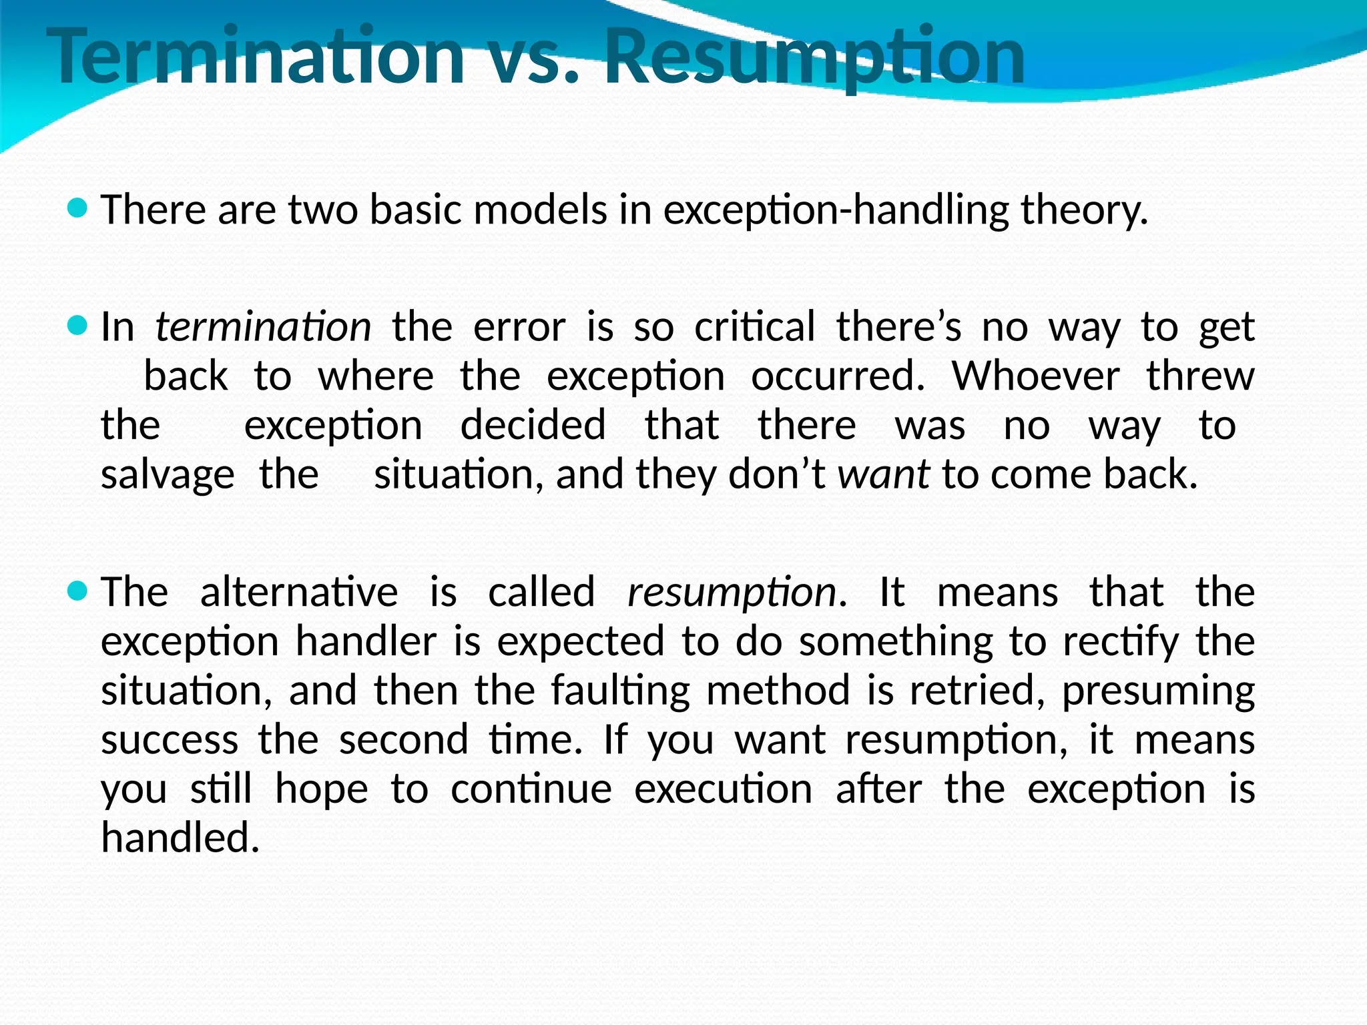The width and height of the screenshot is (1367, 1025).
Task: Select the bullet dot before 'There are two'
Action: pos(78,209)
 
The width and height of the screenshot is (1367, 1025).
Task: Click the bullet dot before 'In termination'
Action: pos(78,326)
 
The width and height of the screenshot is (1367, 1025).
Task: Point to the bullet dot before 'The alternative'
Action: pos(78,591)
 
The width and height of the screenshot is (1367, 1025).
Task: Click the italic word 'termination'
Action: pos(263,327)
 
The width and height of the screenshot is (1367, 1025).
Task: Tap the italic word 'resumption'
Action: pos(732,593)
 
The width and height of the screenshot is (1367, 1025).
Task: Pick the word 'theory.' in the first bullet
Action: pos(1085,211)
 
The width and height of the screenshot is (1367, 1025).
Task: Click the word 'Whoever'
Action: pos(1035,376)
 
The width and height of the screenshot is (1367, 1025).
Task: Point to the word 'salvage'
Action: pos(168,476)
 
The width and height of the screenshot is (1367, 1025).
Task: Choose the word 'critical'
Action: pos(754,327)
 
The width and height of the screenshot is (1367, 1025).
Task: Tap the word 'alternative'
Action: pos(298,593)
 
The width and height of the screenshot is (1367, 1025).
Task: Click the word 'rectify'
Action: pos(1121,642)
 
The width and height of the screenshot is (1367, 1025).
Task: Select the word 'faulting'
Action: pos(620,691)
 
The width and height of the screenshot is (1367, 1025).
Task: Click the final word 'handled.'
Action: pos(180,837)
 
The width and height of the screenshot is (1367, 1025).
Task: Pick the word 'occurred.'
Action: pos(838,376)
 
